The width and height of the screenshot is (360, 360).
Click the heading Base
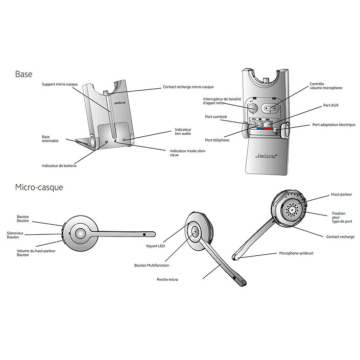(x=23, y=74)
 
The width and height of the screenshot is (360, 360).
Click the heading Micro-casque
(x=39, y=187)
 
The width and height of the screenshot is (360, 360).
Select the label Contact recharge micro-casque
(x=188, y=87)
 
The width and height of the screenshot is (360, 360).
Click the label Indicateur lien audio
(x=182, y=132)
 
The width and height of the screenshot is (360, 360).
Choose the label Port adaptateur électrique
(x=333, y=125)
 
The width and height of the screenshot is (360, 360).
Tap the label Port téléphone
(x=217, y=140)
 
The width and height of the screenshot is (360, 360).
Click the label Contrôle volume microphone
(x=326, y=86)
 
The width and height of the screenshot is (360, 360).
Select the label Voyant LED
(x=155, y=246)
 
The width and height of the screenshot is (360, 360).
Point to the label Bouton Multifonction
(x=151, y=266)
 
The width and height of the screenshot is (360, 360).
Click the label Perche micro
(x=167, y=279)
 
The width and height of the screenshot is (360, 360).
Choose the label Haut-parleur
(x=341, y=195)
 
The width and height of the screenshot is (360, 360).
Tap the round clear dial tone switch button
(x=253, y=108)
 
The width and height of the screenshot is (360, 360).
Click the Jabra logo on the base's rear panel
(x=266, y=156)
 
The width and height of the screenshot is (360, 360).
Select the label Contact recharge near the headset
(x=340, y=237)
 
